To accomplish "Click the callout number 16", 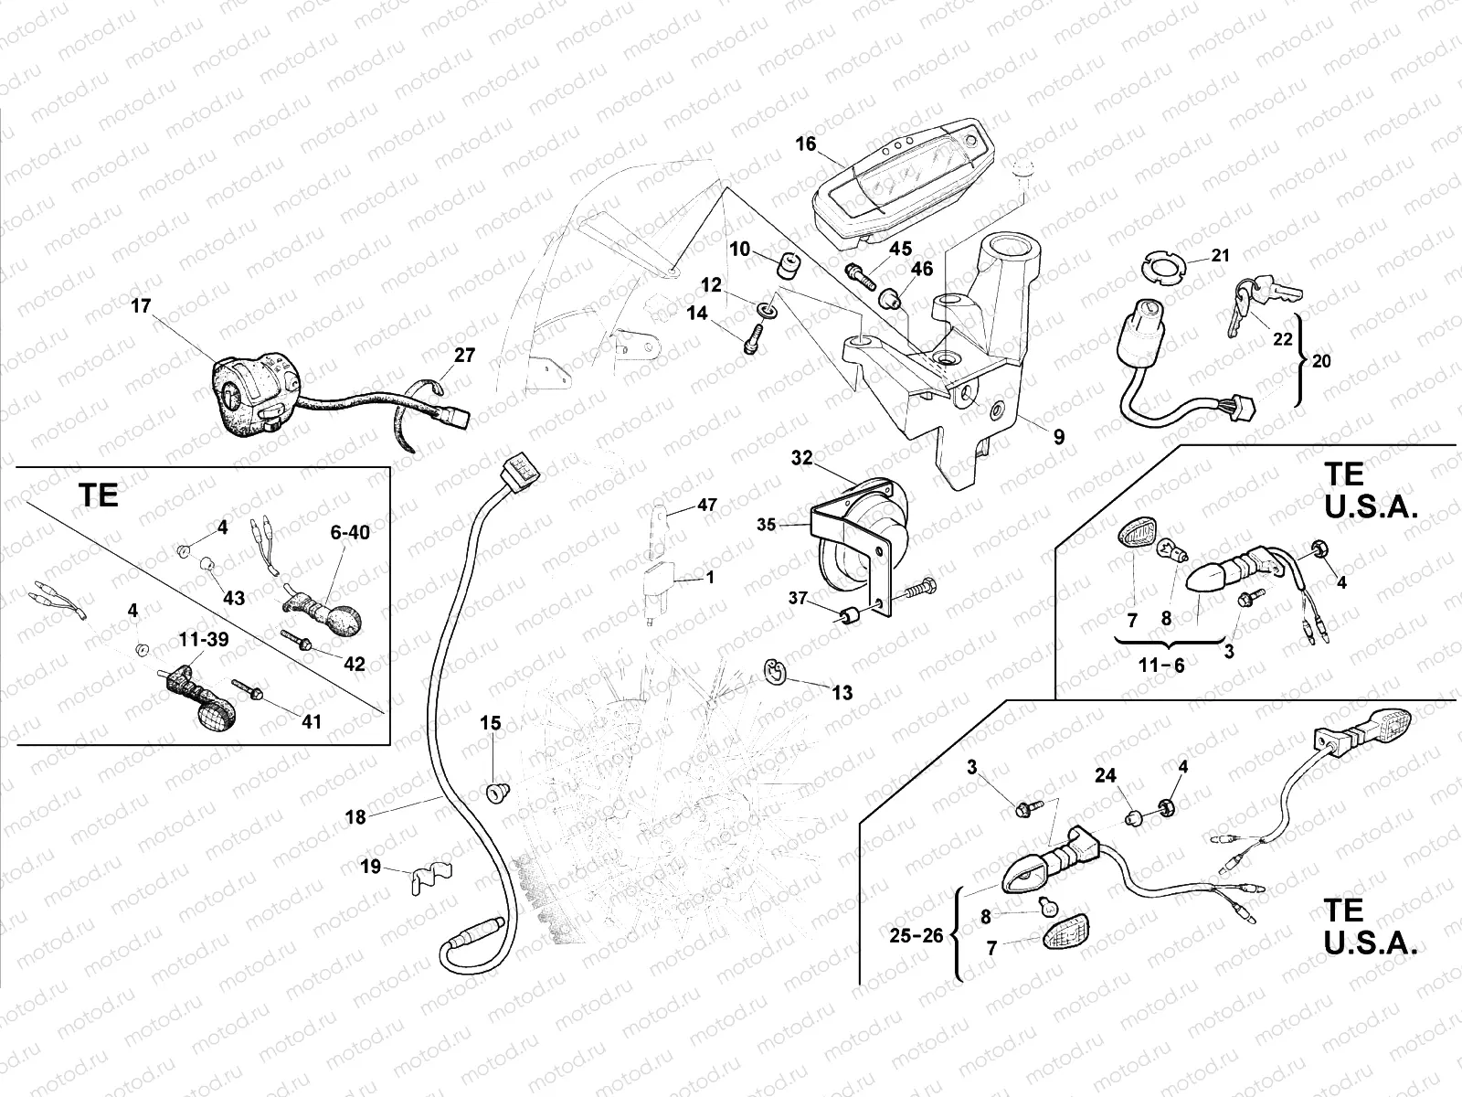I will [805, 144].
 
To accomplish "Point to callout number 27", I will [465, 356].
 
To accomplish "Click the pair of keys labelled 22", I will [1261, 302].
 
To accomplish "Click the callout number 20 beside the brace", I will [1321, 361].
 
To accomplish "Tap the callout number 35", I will [766, 525].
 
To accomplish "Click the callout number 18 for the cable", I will [355, 817].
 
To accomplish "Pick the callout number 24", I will [1106, 776].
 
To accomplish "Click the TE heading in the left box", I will [99, 495].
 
